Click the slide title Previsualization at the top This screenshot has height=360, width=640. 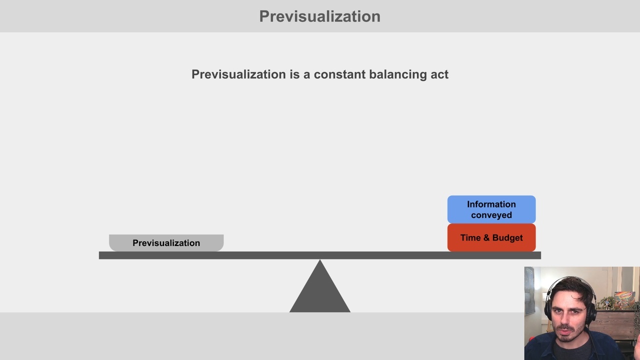tap(319, 16)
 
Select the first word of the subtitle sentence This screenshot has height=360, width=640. tap(238, 74)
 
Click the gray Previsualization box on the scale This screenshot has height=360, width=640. tap(166, 242)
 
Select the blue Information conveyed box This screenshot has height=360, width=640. tap(491, 209)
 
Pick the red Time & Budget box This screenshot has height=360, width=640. tap(491, 237)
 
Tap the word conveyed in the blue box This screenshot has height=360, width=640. tap(491, 215)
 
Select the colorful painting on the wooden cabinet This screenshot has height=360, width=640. tap(624, 300)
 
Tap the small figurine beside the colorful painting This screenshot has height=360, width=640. tap(607, 302)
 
